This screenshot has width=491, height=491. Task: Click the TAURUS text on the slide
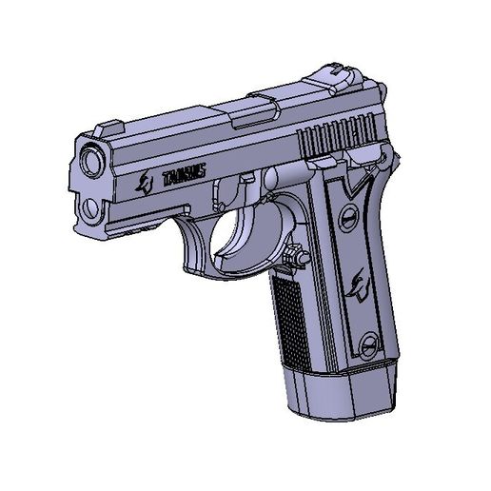tap(184, 176)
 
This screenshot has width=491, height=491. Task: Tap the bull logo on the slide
tap(146, 184)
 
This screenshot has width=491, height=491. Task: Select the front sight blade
tap(108, 125)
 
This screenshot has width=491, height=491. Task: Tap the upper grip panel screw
tap(349, 217)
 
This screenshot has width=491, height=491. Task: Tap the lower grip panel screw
tap(367, 340)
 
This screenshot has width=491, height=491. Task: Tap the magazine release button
tap(294, 255)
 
